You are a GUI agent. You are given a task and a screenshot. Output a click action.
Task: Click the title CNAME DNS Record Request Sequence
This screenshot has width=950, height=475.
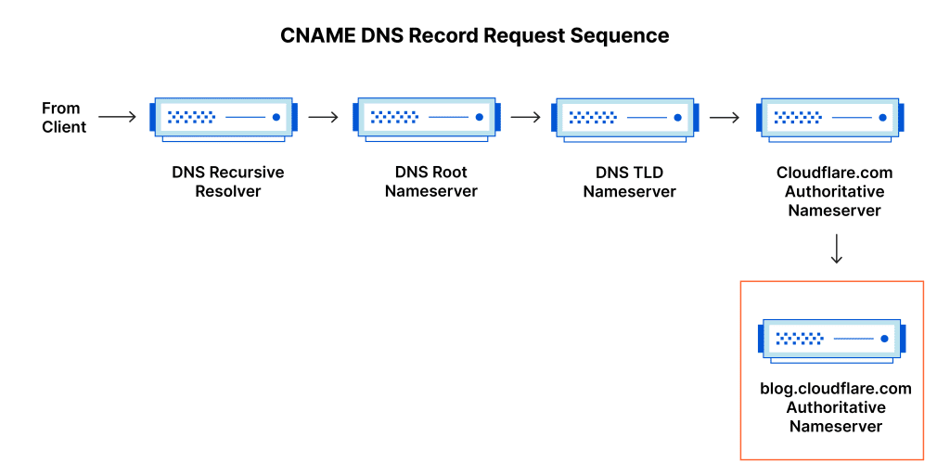click(474, 36)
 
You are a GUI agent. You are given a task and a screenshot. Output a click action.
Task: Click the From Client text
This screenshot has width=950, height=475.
click(64, 118)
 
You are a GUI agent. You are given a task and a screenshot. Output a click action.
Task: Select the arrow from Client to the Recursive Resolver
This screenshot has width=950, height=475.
click(118, 117)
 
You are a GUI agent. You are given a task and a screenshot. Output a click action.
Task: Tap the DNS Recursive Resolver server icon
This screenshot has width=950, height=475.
click(224, 118)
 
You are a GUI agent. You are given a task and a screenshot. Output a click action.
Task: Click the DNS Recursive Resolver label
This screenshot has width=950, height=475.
click(228, 182)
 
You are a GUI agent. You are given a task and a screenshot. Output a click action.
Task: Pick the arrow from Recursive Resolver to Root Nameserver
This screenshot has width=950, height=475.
click(324, 117)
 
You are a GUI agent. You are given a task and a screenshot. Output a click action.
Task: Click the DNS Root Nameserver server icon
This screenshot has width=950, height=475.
click(427, 118)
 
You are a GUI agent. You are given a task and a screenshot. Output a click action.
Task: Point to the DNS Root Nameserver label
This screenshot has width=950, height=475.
click(430, 182)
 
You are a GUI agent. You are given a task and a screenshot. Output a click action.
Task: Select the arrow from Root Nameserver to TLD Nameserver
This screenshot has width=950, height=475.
click(525, 117)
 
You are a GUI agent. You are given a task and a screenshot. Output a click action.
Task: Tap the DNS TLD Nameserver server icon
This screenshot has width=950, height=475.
click(625, 118)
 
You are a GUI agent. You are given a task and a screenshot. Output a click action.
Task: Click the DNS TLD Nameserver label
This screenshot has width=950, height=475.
click(630, 182)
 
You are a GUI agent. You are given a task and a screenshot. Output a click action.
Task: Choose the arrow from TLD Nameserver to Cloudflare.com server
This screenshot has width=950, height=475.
click(725, 117)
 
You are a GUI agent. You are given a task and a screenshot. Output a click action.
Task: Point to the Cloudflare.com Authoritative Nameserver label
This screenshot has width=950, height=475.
click(835, 191)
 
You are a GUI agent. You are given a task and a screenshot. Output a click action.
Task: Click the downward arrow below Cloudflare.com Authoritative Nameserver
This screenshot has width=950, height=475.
click(836, 249)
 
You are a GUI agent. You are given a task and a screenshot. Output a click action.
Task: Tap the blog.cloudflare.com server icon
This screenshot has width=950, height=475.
click(832, 340)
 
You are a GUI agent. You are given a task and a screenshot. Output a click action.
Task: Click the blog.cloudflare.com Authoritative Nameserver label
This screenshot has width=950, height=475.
click(836, 407)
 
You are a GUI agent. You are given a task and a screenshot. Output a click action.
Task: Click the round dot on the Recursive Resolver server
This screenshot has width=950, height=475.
click(276, 118)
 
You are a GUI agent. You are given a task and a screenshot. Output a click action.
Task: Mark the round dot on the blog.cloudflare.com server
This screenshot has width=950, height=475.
click(884, 340)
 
